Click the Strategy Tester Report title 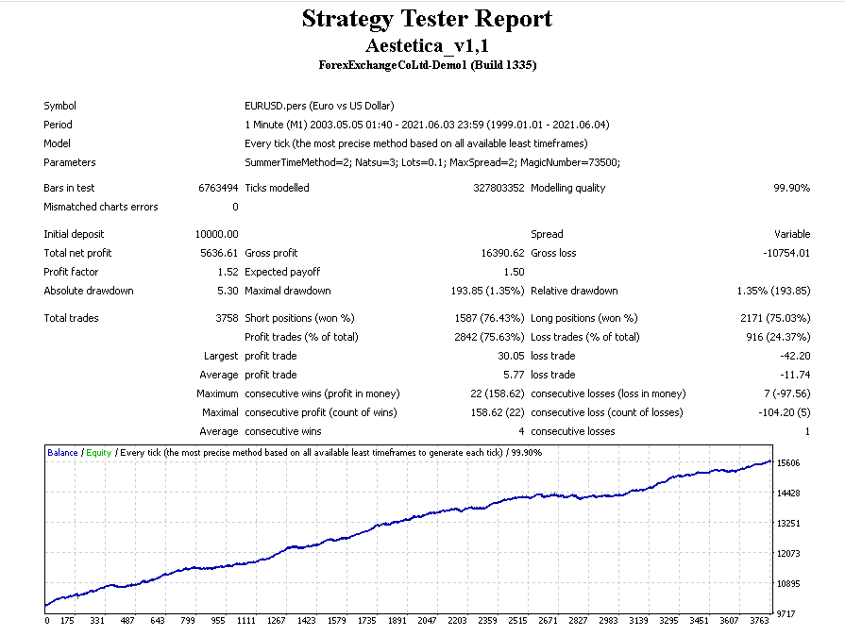coord(427,19)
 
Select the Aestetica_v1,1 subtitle coord(427,44)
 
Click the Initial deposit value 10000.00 coord(216,234)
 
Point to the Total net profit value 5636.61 coord(219,253)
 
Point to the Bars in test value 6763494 coord(218,188)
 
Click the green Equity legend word coord(98,453)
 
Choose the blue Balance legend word coord(62,453)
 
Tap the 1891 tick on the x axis coord(397,621)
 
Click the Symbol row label coord(59,106)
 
